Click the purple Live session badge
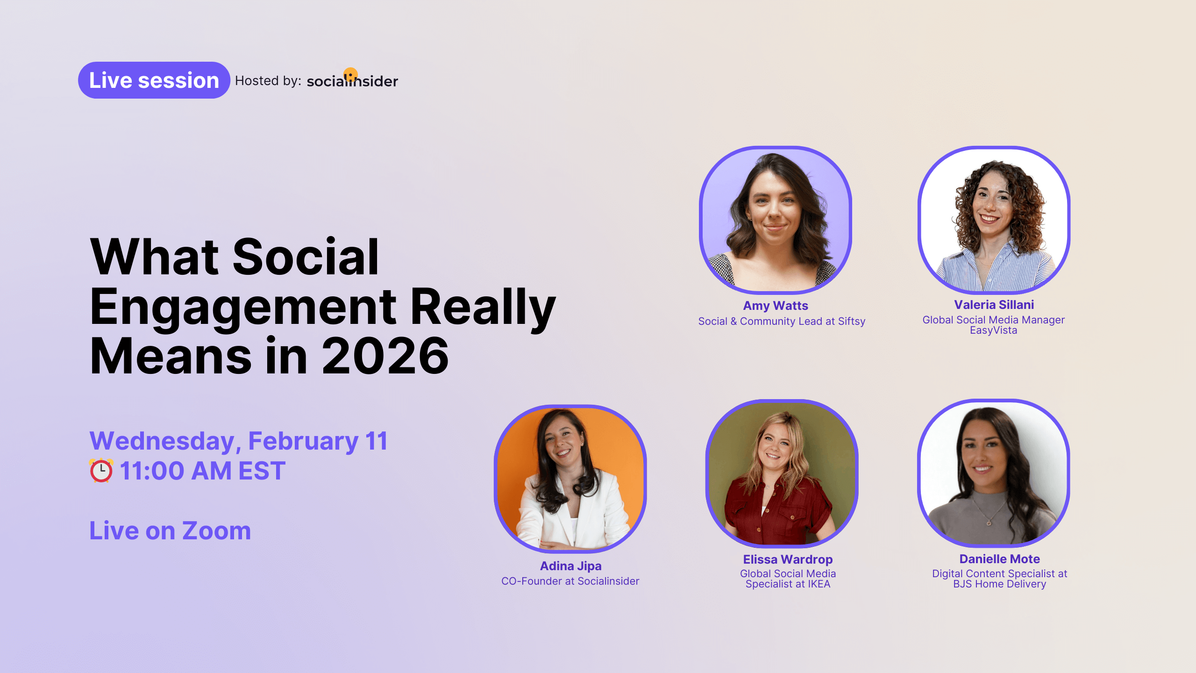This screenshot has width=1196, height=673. (154, 80)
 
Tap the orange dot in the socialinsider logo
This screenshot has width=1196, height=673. (350, 75)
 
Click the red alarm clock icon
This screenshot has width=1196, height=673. (101, 470)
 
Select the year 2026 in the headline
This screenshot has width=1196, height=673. (385, 356)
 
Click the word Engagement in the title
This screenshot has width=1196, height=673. (243, 307)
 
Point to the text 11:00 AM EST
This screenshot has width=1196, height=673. (202, 471)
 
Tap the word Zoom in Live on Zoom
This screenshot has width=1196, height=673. (216, 531)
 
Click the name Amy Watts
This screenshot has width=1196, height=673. (776, 306)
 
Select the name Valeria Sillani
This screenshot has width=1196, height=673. (994, 305)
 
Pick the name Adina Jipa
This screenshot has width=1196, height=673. (570, 566)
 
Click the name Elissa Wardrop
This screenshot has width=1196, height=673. (788, 559)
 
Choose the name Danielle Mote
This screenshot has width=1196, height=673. (999, 559)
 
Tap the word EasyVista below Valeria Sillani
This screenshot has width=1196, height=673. (993, 330)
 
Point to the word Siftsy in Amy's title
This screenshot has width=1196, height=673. (851, 322)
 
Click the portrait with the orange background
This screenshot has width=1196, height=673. (570, 479)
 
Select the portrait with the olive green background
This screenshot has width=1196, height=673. (782, 473)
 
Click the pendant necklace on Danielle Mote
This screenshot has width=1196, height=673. (989, 523)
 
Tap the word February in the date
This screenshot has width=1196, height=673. (303, 441)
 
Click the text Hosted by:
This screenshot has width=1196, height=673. (268, 81)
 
